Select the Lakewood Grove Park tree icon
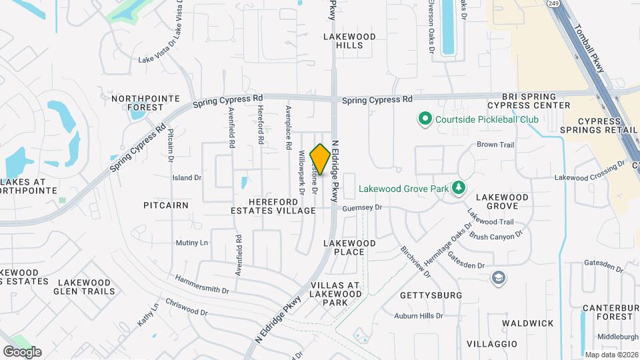point(458,189)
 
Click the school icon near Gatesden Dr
point(498,278)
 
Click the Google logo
point(22,352)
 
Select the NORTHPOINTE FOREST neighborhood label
point(145,103)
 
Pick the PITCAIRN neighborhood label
point(166,205)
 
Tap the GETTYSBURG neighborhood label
point(431,295)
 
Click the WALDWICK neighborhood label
point(528,323)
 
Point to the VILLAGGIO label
point(491,343)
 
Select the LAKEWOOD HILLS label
point(349,41)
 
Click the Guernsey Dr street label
point(361,208)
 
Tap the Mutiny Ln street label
point(192,243)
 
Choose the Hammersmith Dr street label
point(202,284)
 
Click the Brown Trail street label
point(496,145)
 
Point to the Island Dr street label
point(187,178)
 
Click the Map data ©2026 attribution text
point(611,354)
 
